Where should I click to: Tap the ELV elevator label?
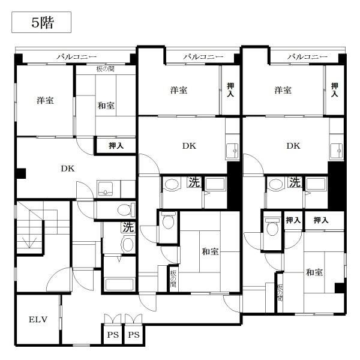(x=38, y=319)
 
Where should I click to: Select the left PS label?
(x=112, y=334)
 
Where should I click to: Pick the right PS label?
(x=133, y=334)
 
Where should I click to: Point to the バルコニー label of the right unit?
(x=307, y=57)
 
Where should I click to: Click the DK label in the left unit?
(x=67, y=169)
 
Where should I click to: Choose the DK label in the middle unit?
(x=189, y=146)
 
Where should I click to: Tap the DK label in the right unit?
(x=293, y=146)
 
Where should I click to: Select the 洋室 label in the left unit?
(x=44, y=100)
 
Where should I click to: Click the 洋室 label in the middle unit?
(x=178, y=91)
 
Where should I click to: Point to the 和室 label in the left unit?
(x=106, y=106)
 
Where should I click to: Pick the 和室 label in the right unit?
(x=314, y=272)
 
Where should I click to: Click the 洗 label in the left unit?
(x=128, y=227)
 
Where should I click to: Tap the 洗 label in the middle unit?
(x=193, y=181)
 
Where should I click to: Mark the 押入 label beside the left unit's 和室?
(x=116, y=146)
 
